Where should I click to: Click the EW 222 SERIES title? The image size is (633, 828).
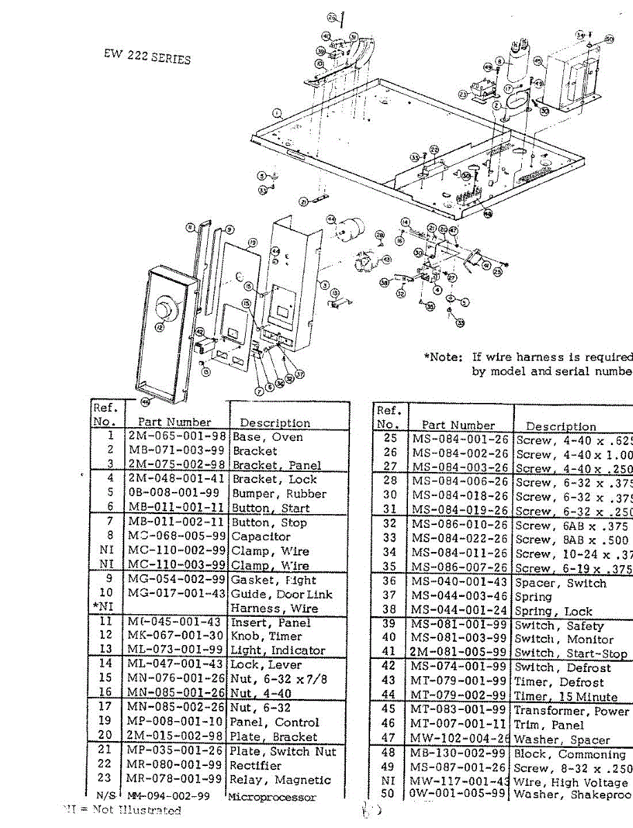pos(144,57)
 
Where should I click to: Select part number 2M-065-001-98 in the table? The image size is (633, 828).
pos(177,437)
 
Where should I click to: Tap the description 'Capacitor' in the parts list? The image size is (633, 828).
pos(261,536)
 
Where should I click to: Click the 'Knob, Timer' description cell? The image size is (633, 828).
pos(266,636)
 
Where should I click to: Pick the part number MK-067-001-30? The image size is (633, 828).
pos(176,636)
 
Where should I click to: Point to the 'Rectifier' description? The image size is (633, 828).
pos(255,765)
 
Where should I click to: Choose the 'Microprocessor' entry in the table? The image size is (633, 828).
pos(272,797)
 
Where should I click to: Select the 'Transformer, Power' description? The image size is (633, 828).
pos(572,711)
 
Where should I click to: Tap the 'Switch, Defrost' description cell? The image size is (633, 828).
pos(559,667)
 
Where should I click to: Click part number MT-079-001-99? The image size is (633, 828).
pos(459,682)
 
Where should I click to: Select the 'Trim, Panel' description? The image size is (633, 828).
pos(549,724)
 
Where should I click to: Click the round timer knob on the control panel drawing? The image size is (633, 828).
pos(166,306)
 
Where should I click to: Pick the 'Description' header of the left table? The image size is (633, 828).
pos(275,423)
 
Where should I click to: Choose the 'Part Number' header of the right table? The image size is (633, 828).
pos(458,425)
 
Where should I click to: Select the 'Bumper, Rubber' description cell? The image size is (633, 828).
pos(279,493)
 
